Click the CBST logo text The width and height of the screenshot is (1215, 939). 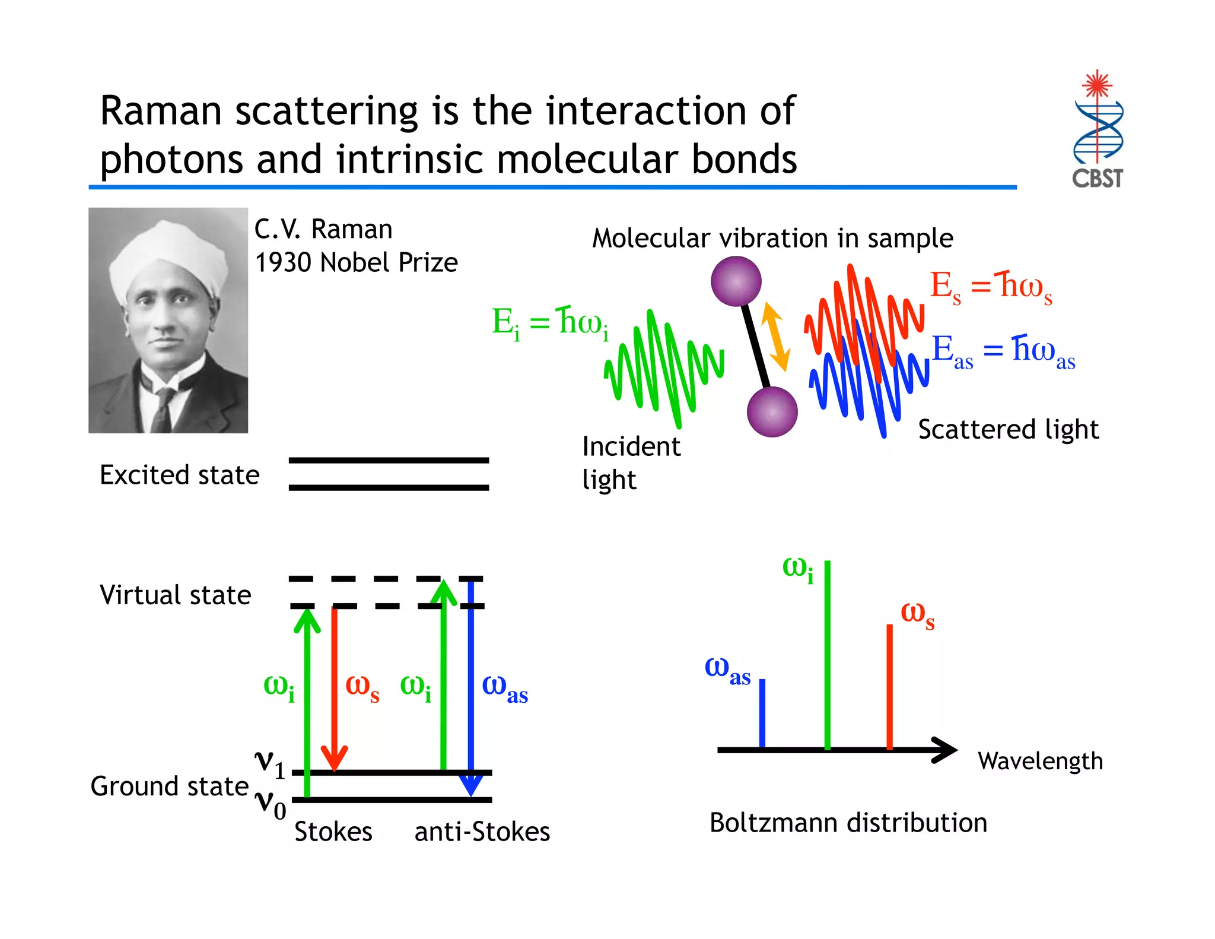click(1097, 178)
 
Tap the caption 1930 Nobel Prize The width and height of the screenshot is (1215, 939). click(356, 262)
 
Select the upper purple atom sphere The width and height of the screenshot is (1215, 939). click(736, 281)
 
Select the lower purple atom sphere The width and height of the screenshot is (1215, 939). click(772, 411)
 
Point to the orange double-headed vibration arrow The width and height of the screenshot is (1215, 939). click(775, 336)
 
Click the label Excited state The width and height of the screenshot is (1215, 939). click(180, 475)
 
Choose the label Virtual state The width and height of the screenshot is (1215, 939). click(176, 595)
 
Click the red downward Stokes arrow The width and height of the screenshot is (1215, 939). click(334, 689)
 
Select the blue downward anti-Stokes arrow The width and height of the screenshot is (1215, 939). click(471, 689)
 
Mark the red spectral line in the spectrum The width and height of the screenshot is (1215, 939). click(889, 686)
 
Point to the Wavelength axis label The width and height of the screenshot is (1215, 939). click(1040, 761)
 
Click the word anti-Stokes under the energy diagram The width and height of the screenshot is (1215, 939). click(482, 832)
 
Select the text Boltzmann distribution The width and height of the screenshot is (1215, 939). click(848, 823)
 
